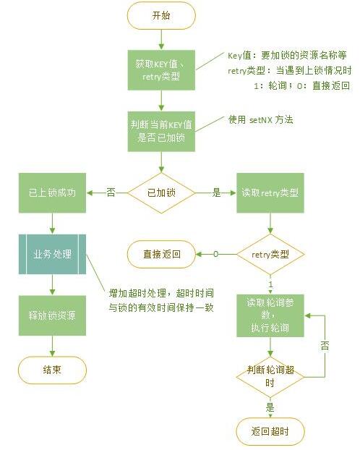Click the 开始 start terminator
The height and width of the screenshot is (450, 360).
[161, 16]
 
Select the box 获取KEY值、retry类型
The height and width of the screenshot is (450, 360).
[161, 69]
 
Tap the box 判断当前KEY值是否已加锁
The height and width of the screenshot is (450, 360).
[161, 130]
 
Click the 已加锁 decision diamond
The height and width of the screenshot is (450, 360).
[161, 193]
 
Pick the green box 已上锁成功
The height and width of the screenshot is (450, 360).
[52, 193]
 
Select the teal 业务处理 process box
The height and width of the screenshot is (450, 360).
[52, 256]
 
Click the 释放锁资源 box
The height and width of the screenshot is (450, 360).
[52, 316]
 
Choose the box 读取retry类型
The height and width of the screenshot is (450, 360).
[270, 193]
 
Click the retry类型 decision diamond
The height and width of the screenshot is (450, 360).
[270, 255]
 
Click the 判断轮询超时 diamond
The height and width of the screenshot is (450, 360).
[269, 377]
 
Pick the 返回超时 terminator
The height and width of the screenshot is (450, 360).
[269, 431]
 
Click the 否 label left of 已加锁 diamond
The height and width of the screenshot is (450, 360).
[111, 193]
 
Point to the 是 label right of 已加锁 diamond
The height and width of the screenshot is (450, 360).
[215, 193]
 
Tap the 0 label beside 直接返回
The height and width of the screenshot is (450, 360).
[215, 255]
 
